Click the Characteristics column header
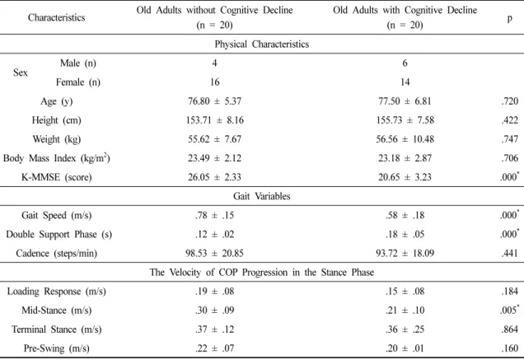(x=57, y=17)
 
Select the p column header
(x=510, y=18)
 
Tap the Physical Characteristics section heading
(x=262, y=44)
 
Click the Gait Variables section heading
(x=262, y=196)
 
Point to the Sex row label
(x=21, y=72)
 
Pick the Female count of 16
(x=214, y=82)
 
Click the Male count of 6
(x=405, y=63)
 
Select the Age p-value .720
(x=510, y=101)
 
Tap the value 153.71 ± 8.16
(x=215, y=120)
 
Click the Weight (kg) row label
(x=57, y=139)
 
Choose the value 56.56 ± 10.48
(x=405, y=139)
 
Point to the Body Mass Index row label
(x=57, y=158)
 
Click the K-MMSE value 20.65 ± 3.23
(x=405, y=177)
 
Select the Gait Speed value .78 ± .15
(x=214, y=215)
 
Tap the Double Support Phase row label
(x=58, y=234)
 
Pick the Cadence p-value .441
(x=510, y=254)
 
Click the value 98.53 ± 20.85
(x=214, y=254)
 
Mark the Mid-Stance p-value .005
(x=510, y=310)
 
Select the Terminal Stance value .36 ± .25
(x=405, y=330)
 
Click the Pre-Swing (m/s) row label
(x=57, y=348)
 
